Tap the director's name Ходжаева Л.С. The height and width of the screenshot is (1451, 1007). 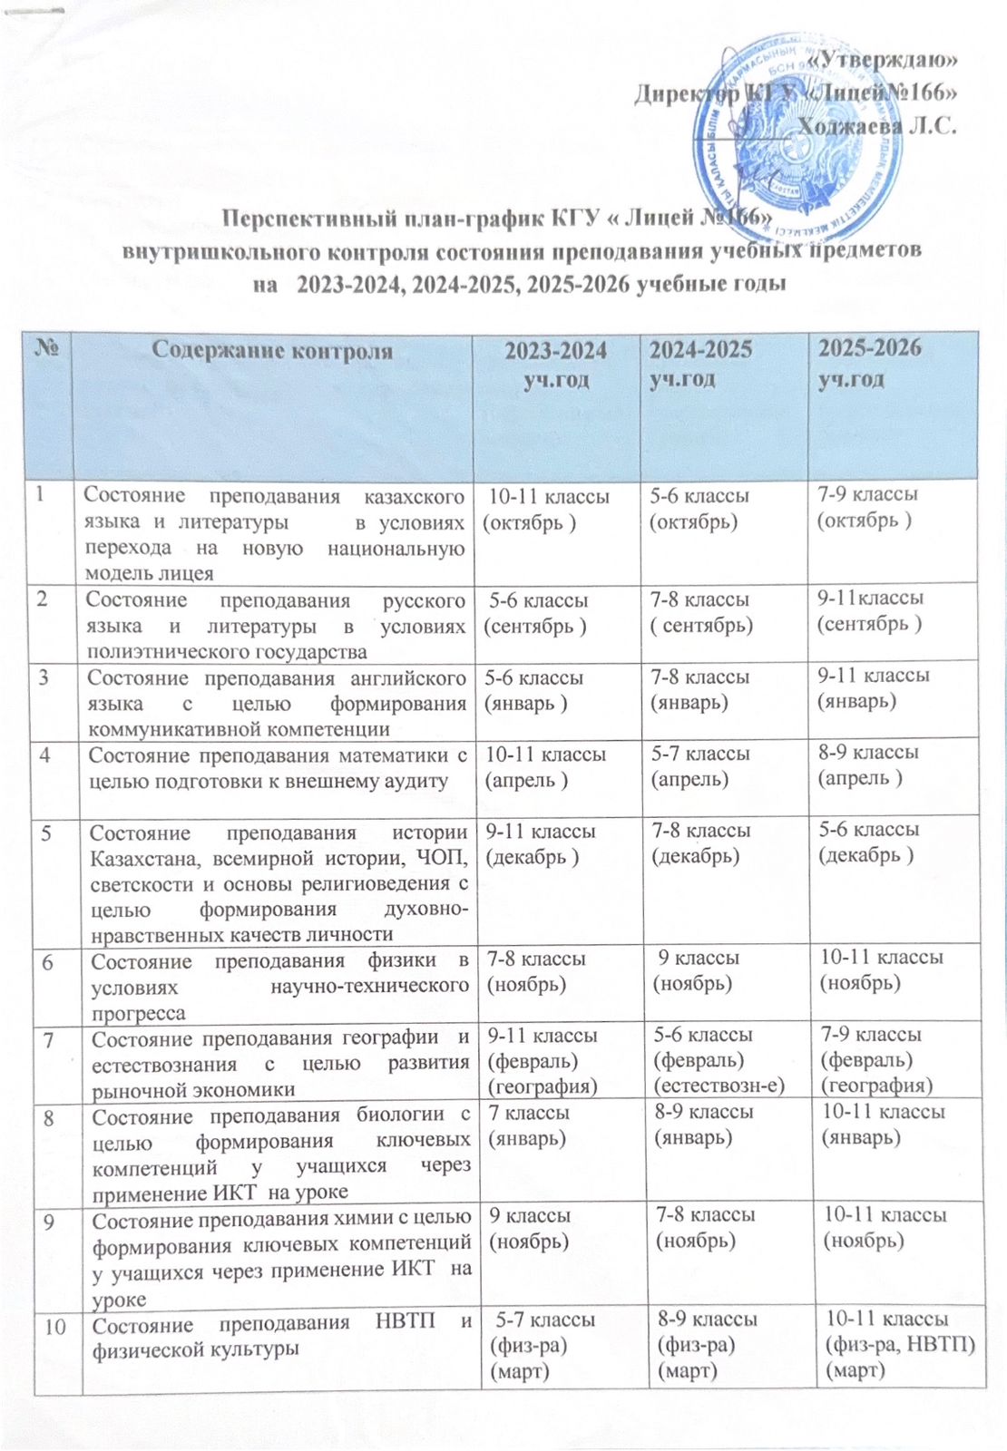(876, 125)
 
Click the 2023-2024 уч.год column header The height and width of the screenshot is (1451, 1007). (555, 365)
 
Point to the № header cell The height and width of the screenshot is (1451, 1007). (45, 349)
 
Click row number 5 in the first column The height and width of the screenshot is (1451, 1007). (42, 832)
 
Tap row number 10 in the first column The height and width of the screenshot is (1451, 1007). (54, 1326)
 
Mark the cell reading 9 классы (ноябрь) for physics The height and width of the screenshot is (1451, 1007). (699, 970)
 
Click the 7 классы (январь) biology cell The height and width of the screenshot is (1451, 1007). (531, 1125)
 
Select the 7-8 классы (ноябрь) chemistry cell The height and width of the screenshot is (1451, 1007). (704, 1227)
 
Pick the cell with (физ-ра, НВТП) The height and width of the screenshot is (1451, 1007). (898, 1344)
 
